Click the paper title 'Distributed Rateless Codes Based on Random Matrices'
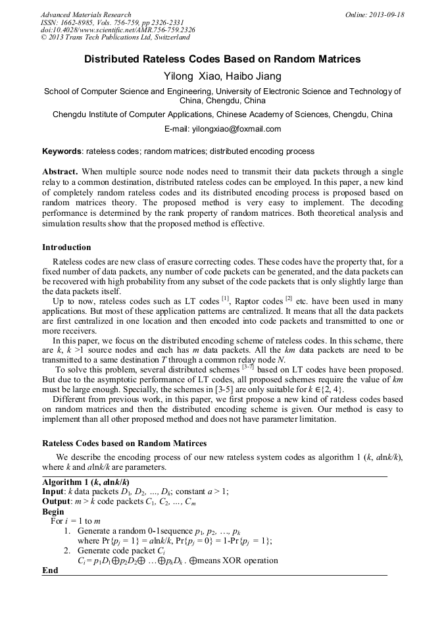click(222, 59)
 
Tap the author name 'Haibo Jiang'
click(257, 76)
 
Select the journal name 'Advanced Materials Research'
click(86, 14)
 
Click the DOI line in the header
click(117, 30)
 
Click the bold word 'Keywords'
click(62, 151)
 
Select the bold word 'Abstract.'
click(60, 171)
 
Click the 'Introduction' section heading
click(66, 247)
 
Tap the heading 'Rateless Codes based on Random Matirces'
click(124, 443)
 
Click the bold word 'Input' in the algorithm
click(53, 492)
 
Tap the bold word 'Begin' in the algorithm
click(53, 511)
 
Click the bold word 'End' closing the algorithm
click(50, 570)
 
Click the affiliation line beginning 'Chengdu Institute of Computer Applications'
click(222, 114)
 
